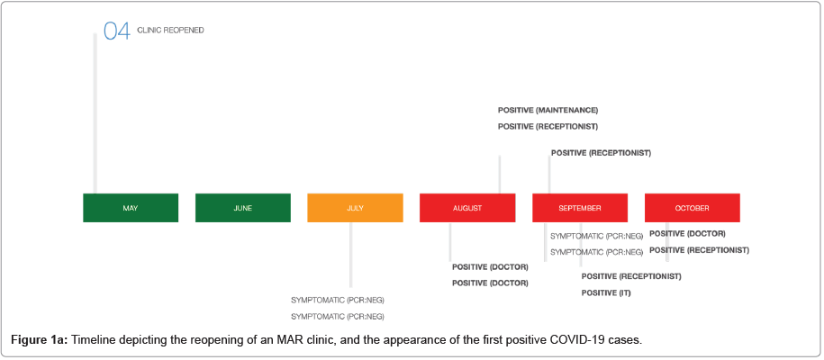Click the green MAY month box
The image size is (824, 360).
tap(131, 208)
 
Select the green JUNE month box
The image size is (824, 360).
tap(243, 208)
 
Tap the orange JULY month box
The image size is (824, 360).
tap(355, 208)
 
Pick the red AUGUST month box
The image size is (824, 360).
tap(467, 208)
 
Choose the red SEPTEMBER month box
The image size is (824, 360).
tap(580, 208)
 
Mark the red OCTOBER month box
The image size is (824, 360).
tap(693, 208)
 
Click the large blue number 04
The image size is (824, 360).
tap(117, 31)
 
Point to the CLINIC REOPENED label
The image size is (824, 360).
tap(170, 31)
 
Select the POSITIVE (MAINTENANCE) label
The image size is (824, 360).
tap(548, 111)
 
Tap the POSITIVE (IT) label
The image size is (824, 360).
tap(606, 293)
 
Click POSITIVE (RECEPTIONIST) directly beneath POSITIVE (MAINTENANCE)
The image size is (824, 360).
tap(548, 127)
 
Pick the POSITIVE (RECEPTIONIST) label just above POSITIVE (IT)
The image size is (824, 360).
tap(631, 276)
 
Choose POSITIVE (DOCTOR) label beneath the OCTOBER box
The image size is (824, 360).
tap(688, 233)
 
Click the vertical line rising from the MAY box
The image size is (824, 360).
tap(95, 113)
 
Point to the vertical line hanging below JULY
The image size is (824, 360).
tap(350, 255)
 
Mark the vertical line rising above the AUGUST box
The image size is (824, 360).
tap(499, 175)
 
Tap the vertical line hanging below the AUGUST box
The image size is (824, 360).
tap(450, 242)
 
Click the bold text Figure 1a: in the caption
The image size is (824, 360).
tap(40, 339)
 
